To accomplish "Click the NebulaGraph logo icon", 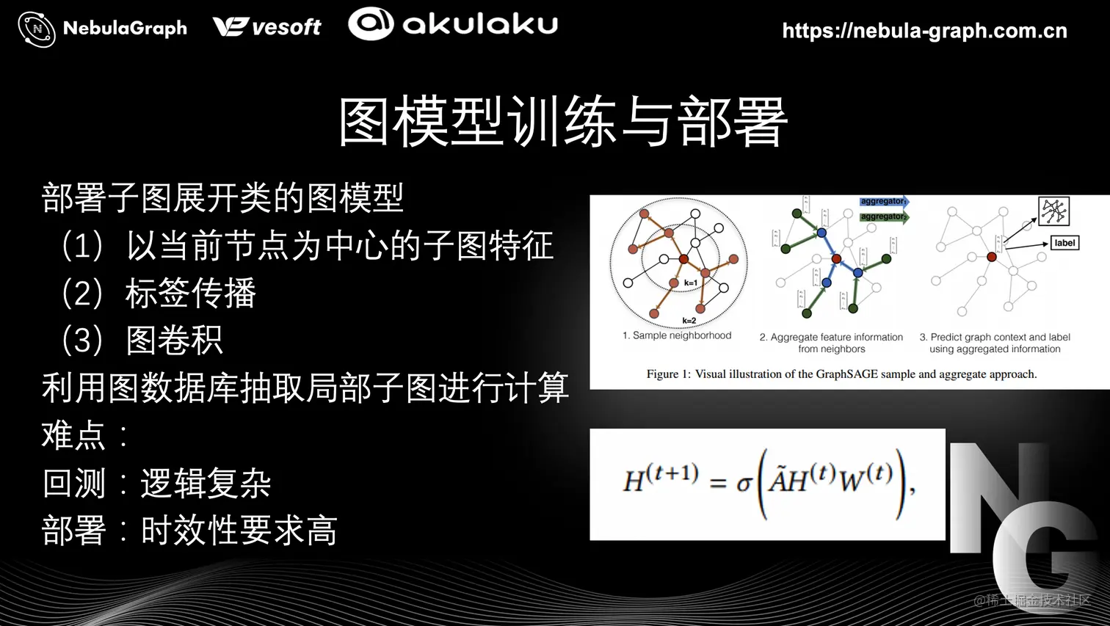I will [x=37, y=29].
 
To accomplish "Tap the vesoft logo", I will [x=267, y=27].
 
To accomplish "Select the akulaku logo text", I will [x=479, y=24].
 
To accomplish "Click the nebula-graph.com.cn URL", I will [x=924, y=31].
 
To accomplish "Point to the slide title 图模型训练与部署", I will [x=563, y=122].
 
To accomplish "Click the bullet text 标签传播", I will [x=191, y=294].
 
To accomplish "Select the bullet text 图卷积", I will [x=175, y=341].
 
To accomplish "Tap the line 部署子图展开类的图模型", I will [x=223, y=198].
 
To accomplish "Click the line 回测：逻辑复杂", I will [x=157, y=483].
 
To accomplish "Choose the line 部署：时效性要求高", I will [x=189, y=530].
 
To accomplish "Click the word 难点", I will [x=73, y=436].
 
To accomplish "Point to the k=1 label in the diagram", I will [x=690, y=283].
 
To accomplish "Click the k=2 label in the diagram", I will [x=689, y=321].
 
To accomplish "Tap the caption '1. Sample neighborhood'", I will [x=677, y=335].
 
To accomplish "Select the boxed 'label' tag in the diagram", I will [x=1064, y=243].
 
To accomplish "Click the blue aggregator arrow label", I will [x=883, y=201].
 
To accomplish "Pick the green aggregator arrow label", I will [x=883, y=216].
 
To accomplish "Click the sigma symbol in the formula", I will [x=744, y=484].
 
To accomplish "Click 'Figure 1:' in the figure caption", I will [x=668, y=374].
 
